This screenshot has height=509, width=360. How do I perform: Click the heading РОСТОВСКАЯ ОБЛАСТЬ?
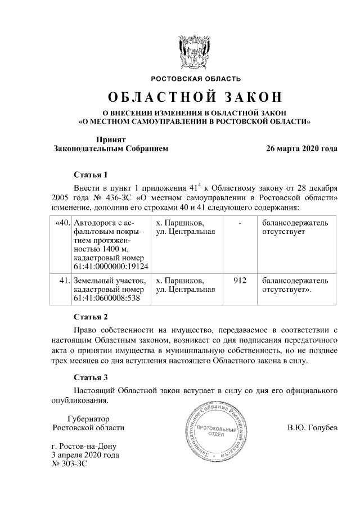tap(195, 78)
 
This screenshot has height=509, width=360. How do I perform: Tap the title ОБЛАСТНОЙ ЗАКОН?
tap(195, 97)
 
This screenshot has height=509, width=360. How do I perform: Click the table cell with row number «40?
tap(62, 224)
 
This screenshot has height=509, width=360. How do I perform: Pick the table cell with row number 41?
tap(64, 280)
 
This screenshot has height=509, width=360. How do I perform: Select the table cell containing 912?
tap(240, 280)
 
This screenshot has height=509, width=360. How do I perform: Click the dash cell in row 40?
tap(240, 224)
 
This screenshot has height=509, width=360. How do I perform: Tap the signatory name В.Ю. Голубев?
tap(312, 428)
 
